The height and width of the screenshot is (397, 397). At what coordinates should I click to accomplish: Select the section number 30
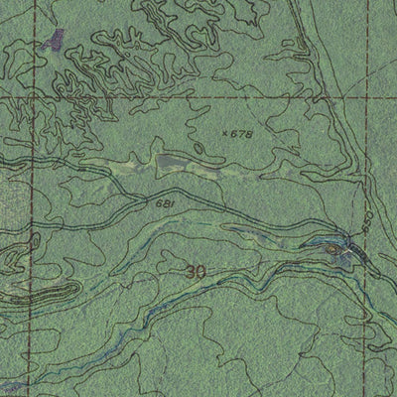click(x=196, y=270)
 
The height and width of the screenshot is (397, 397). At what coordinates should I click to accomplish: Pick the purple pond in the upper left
click(x=57, y=40)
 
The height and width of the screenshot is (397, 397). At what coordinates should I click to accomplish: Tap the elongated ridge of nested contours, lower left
click(x=45, y=295)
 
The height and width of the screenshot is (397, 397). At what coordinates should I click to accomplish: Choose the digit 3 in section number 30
click(x=190, y=270)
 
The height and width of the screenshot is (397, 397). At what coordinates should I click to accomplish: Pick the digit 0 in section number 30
click(x=201, y=270)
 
